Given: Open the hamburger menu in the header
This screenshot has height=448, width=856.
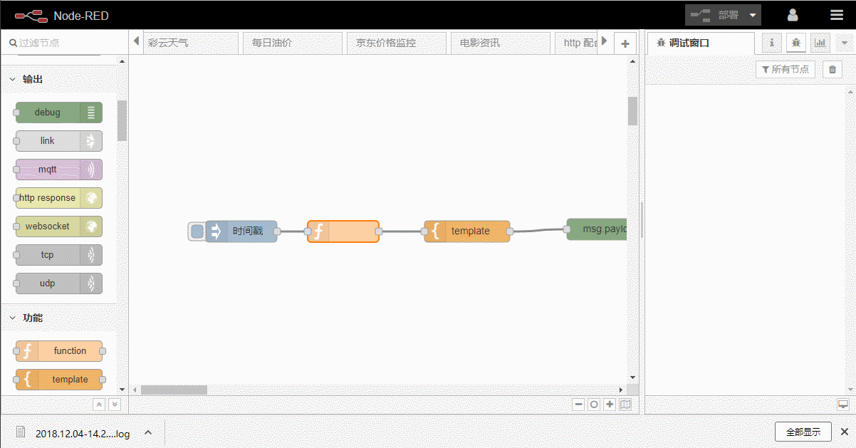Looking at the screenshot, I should point(836,15).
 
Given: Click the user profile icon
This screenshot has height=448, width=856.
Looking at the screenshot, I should point(793,15).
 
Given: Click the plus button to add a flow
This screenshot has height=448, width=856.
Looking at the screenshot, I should point(625,43).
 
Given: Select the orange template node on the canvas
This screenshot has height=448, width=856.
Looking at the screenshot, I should point(470,231).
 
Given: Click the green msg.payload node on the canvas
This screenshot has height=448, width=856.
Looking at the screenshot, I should point(598,229).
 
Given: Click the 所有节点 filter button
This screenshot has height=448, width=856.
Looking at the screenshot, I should point(785,69).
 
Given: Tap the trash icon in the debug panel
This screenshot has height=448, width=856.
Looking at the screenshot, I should point(832,69).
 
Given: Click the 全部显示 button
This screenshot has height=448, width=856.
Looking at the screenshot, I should point(803,432).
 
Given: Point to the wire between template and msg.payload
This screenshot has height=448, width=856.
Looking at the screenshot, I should point(539,230).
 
